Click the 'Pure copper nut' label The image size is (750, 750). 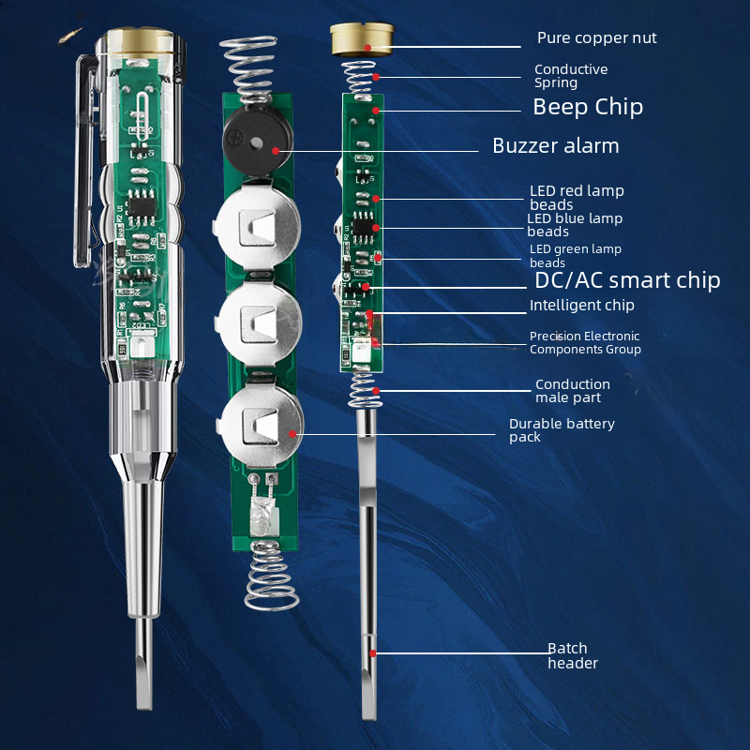tap(596, 37)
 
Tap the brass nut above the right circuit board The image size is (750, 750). tap(362, 39)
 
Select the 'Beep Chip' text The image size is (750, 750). tap(588, 107)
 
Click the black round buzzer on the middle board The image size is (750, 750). tap(257, 140)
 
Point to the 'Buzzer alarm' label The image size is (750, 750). tap(556, 146)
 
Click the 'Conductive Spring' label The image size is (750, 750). tap(571, 76)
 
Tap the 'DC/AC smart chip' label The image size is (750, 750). tap(627, 280)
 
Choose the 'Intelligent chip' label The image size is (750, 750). tap(581, 306)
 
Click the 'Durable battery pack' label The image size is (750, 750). tap(562, 430)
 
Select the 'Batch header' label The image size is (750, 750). tap(573, 655)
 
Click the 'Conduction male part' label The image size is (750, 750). tap(573, 391)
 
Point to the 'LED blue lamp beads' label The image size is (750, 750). tap(575, 225)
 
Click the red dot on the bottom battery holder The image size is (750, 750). tap(292, 434)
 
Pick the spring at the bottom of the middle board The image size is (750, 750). tap(271, 576)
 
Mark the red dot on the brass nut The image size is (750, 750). tap(367, 48)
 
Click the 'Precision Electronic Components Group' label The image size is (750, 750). tap(585, 342)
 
